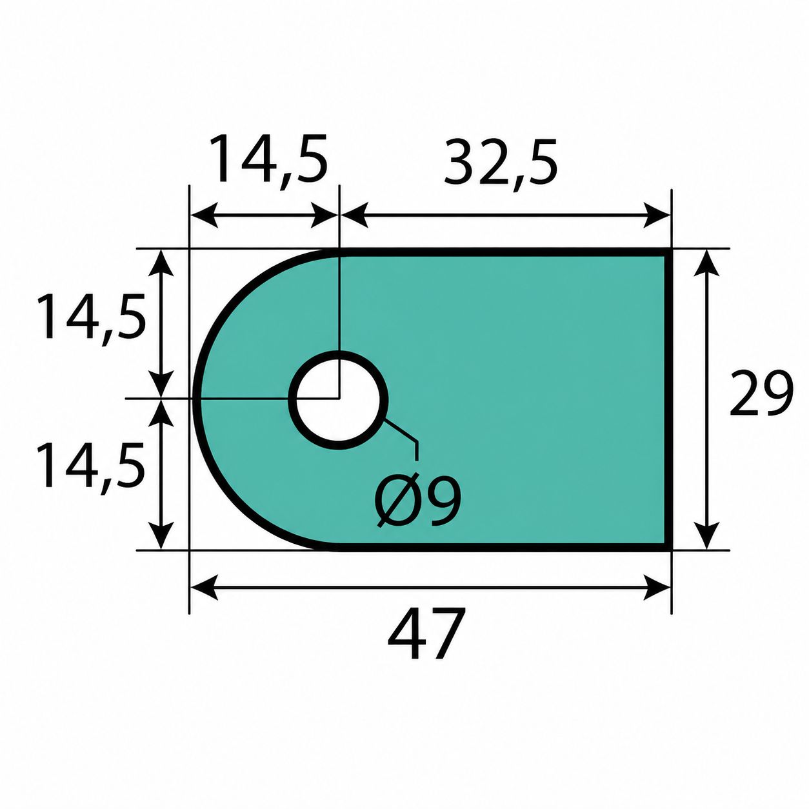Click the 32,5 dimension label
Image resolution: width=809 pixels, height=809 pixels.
tap(501, 166)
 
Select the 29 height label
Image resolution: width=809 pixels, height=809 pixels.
tap(761, 394)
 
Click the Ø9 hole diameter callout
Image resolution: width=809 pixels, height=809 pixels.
tap(419, 499)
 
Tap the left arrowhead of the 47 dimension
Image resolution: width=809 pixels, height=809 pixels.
tap(205, 587)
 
